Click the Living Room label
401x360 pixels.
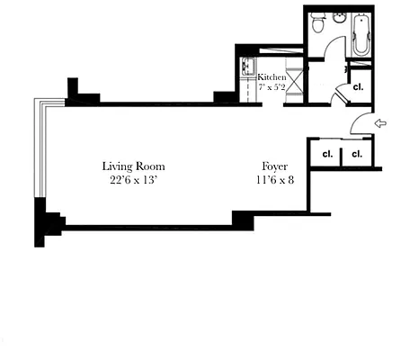tap(133, 166)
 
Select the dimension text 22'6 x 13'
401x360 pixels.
tap(133, 180)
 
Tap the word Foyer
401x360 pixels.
tap(274, 166)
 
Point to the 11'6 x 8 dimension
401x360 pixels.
tap(275, 180)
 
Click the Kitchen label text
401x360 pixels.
tap(272, 78)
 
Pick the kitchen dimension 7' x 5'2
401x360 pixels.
tap(272, 88)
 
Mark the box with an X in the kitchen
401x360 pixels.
tap(296, 86)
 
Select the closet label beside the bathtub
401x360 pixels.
tap(358, 87)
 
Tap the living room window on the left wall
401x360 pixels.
tap(38, 148)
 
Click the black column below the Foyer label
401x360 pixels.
tap(243, 219)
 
